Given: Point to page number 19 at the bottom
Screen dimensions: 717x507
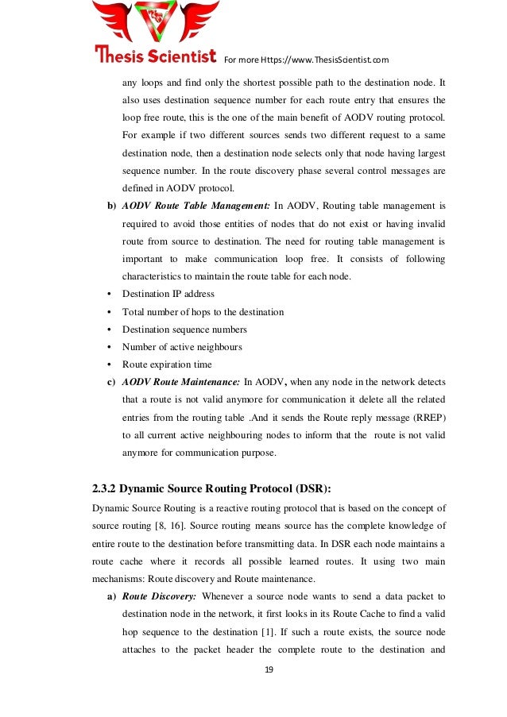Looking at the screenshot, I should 269,670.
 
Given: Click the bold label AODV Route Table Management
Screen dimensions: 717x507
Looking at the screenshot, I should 195,206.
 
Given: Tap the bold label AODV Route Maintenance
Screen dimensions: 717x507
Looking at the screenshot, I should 181,383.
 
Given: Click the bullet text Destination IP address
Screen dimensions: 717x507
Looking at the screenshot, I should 168,294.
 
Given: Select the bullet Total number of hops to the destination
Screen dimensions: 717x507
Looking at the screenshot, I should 203,312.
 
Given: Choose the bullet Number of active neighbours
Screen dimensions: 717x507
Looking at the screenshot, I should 182,347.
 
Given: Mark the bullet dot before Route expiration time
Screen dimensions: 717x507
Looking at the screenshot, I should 108,365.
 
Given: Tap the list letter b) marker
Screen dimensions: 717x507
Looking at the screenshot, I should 111,206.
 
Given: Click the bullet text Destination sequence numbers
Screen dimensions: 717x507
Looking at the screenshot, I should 184,330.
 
